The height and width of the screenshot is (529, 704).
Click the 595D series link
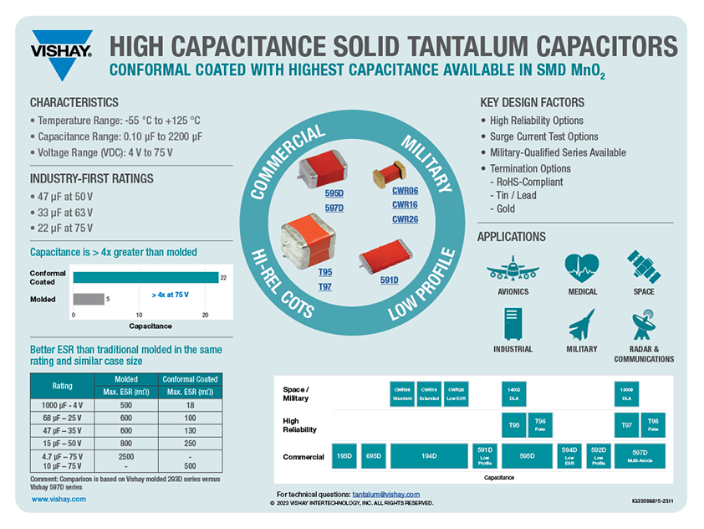[x=334, y=193]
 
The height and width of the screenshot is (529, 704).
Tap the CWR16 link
[x=405, y=204]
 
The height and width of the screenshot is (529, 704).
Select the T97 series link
[x=325, y=286]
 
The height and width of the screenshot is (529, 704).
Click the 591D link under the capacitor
[x=389, y=280]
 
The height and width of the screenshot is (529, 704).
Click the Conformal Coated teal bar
[x=145, y=277]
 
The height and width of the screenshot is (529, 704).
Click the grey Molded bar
[x=89, y=299]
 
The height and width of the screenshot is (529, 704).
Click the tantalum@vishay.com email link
[x=386, y=495]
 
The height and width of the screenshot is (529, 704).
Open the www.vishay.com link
[x=59, y=499]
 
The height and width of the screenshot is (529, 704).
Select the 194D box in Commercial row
[x=430, y=456]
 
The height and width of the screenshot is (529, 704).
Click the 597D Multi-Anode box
[x=648, y=456]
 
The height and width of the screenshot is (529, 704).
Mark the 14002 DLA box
[x=513, y=393]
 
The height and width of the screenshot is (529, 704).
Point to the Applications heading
[x=511, y=237]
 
